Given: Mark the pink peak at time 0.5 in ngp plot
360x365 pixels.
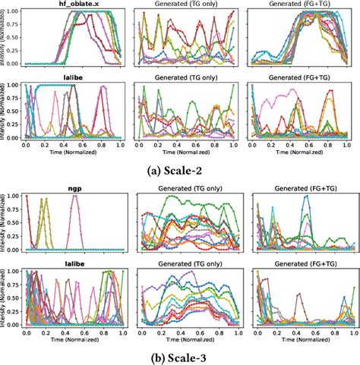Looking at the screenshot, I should pos(74,197).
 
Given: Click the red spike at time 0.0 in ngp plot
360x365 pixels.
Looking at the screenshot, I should pos(27,197).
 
